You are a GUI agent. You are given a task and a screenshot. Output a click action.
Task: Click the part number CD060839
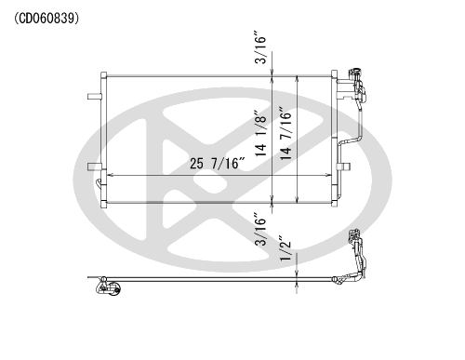point(46,19)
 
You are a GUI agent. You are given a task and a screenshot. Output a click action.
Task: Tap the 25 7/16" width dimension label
point(218,164)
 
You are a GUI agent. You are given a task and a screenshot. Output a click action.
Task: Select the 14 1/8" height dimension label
point(260,133)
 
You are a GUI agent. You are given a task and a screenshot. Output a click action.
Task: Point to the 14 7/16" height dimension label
point(286,134)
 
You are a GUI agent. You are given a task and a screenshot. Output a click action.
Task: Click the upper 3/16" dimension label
point(260,47)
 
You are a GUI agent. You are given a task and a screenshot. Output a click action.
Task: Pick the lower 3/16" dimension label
point(260,229)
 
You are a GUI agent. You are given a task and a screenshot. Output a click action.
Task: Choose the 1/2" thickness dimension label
point(286,249)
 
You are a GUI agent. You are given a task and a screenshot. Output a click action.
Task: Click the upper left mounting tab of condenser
point(95,97)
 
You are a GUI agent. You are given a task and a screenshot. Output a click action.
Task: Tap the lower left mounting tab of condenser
point(95,167)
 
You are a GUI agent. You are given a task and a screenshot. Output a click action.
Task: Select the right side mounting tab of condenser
point(344,167)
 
